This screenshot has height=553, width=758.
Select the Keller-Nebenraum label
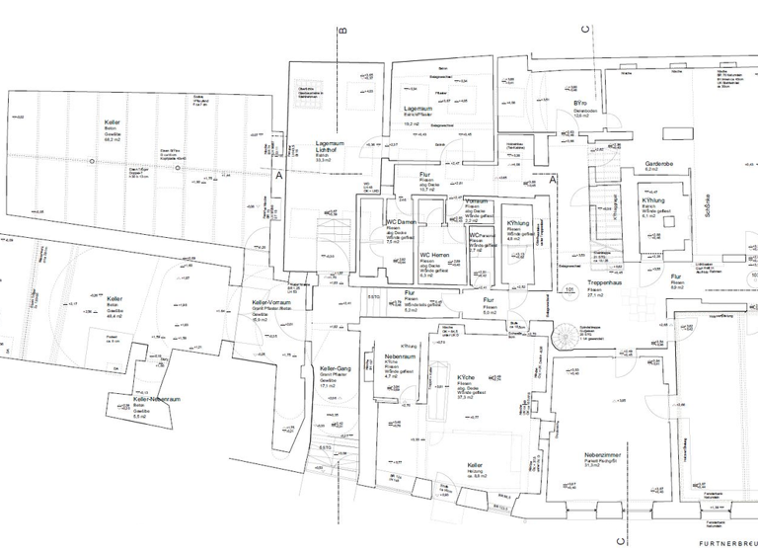click(x=157, y=400)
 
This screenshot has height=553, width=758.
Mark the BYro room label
click(x=580, y=103)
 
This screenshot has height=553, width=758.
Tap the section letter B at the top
click(x=342, y=31)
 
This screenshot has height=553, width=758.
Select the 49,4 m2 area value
click(x=115, y=315)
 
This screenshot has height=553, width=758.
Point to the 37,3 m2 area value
click(x=466, y=395)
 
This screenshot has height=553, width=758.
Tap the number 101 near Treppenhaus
click(x=569, y=289)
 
